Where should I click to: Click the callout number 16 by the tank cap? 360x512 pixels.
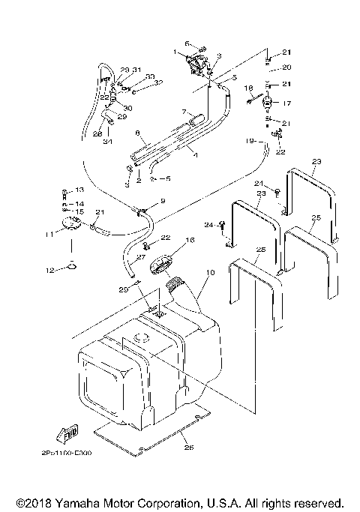coord(189,240)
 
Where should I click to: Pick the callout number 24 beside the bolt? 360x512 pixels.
coord(209,224)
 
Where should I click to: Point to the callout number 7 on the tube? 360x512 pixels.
coord(182,112)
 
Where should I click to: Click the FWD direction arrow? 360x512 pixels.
coord(67,434)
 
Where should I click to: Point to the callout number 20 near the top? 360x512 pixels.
coord(286,67)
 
